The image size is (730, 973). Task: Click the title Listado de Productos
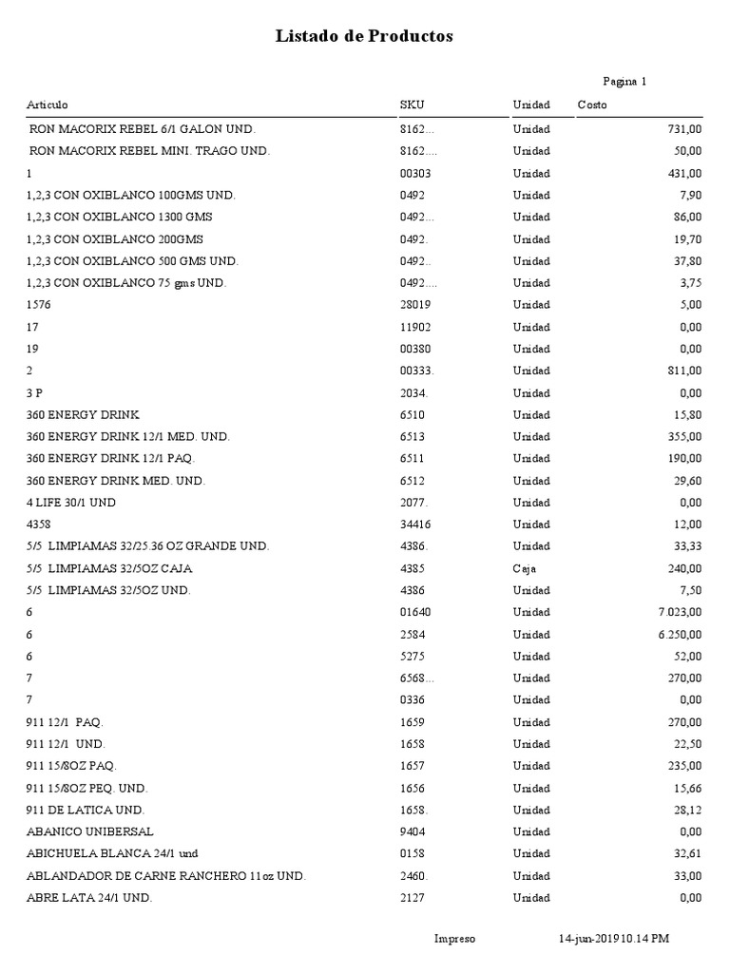pyautogui.click(x=364, y=37)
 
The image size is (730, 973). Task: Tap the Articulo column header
pyautogui.click(x=47, y=105)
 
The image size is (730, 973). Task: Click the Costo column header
pyautogui.click(x=591, y=105)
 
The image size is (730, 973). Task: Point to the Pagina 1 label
pyautogui.click(x=624, y=82)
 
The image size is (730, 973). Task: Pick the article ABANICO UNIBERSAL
pyautogui.click(x=85, y=831)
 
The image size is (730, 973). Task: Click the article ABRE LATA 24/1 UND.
pyautogui.click(x=89, y=898)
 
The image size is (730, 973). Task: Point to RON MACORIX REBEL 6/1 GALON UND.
pyautogui.click(x=143, y=129)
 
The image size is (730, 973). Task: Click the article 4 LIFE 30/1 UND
pyautogui.click(x=71, y=503)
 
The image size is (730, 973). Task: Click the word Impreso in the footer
pyautogui.click(x=454, y=939)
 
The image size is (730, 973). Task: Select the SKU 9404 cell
pyautogui.click(x=413, y=831)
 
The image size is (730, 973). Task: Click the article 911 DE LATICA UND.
pyautogui.click(x=86, y=810)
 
